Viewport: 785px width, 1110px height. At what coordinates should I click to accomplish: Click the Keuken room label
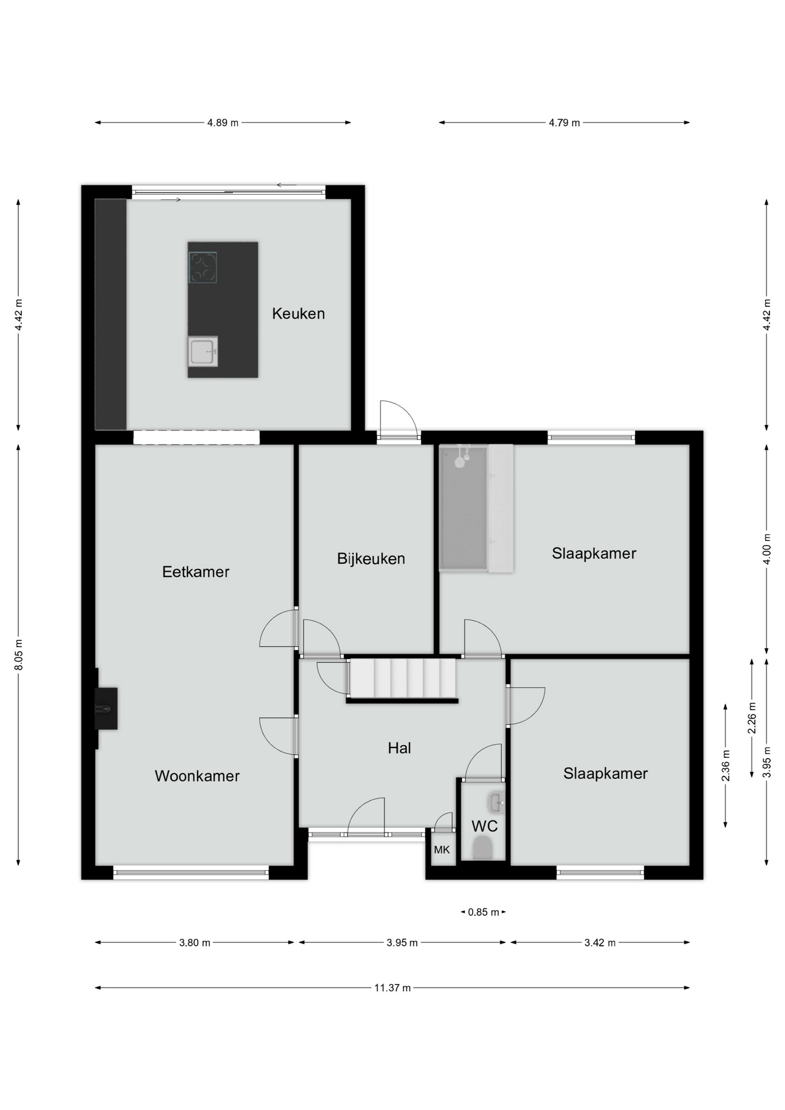click(x=298, y=313)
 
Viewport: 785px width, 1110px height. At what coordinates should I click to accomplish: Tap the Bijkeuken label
click(x=371, y=559)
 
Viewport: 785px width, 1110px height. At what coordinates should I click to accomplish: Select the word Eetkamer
click(x=196, y=572)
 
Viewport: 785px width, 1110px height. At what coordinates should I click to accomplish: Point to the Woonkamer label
click(x=197, y=776)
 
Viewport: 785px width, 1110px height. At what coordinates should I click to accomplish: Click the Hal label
click(x=399, y=748)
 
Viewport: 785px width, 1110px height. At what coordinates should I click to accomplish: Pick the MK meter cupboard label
click(x=442, y=850)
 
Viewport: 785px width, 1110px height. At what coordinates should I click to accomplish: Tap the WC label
click(x=484, y=826)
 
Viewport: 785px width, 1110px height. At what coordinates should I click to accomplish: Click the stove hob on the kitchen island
click(x=203, y=268)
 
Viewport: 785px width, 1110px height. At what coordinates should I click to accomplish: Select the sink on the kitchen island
click(x=203, y=351)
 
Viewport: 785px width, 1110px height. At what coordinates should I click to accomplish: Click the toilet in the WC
click(x=482, y=849)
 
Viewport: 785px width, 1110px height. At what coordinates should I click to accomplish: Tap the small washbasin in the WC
click(x=496, y=802)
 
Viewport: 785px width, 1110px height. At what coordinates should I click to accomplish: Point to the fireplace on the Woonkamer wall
click(x=106, y=708)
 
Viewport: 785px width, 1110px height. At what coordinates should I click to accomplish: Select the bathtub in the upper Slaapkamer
click(x=463, y=508)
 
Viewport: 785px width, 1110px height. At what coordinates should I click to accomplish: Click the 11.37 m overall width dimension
click(x=392, y=987)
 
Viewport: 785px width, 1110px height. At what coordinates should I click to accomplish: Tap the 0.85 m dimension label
click(x=483, y=912)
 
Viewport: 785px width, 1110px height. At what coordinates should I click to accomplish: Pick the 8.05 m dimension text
click(x=18, y=655)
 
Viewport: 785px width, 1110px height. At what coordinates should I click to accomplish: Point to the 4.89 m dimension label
click(x=223, y=123)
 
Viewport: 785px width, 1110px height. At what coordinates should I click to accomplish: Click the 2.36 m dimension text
click(x=726, y=765)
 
